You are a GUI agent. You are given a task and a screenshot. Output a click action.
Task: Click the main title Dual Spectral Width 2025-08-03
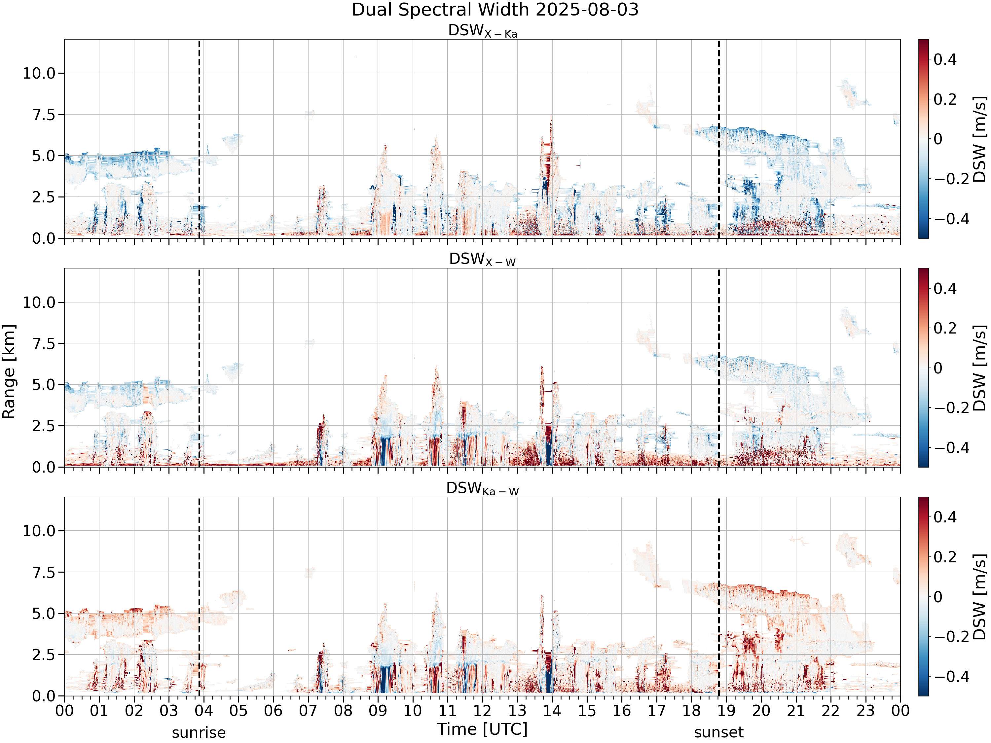point(495,10)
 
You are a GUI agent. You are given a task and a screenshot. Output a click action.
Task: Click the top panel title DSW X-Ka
point(483,31)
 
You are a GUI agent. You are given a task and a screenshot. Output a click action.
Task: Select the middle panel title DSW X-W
point(483,260)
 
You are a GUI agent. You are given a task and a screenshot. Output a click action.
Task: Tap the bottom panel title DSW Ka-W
point(483,489)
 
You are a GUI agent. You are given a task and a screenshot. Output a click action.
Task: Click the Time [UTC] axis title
point(483,729)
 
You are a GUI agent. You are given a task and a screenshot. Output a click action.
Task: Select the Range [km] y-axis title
point(9,372)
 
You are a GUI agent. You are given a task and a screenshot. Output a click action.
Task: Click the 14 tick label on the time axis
point(552,710)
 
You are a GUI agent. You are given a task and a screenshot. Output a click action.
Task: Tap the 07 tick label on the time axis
point(308,710)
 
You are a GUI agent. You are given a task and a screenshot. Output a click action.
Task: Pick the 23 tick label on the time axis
point(865,710)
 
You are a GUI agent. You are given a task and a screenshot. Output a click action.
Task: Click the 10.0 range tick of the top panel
point(39,73)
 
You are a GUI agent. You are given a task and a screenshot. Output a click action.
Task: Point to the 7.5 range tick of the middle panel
point(44,343)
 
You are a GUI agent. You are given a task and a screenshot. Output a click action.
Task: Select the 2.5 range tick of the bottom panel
point(44,655)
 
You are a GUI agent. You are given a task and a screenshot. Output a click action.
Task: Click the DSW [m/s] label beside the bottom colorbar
point(980,597)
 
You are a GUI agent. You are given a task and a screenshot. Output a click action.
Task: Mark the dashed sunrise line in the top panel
point(200,139)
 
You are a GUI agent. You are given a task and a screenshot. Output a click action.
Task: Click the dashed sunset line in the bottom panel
point(719,597)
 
